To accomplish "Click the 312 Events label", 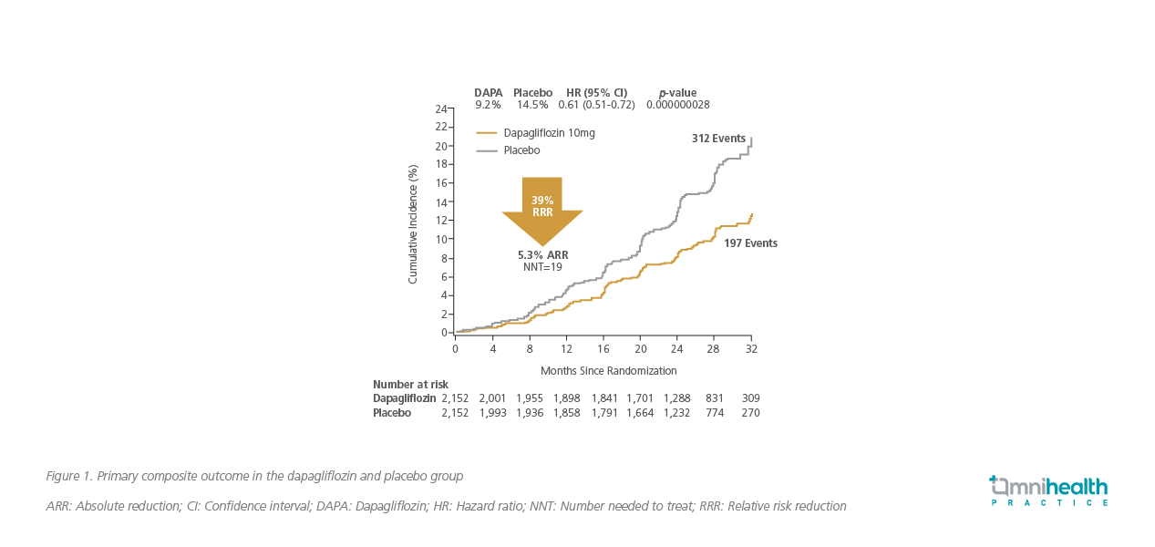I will click(x=718, y=139).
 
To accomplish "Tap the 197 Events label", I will click(x=750, y=243).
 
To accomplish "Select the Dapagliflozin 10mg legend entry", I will click(x=549, y=133).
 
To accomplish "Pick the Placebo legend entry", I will click(x=521, y=150).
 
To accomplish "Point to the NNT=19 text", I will click(x=542, y=268).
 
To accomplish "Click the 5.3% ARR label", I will click(x=542, y=255).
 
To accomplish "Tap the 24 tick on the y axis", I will click(x=440, y=108).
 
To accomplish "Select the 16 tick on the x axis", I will click(x=603, y=349).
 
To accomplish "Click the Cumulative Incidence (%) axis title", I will click(x=413, y=223).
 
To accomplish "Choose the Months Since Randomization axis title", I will click(x=608, y=371).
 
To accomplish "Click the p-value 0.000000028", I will click(x=677, y=105).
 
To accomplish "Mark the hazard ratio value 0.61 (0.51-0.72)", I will click(x=596, y=105).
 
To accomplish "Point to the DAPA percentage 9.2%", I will click(x=488, y=105).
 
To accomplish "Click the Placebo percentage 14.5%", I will click(x=532, y=105).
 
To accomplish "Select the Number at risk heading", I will click(x=410, y=385).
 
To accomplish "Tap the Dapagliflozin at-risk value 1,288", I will click(x=677, y=398).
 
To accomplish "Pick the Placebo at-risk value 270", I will click(x=750, y=413).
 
